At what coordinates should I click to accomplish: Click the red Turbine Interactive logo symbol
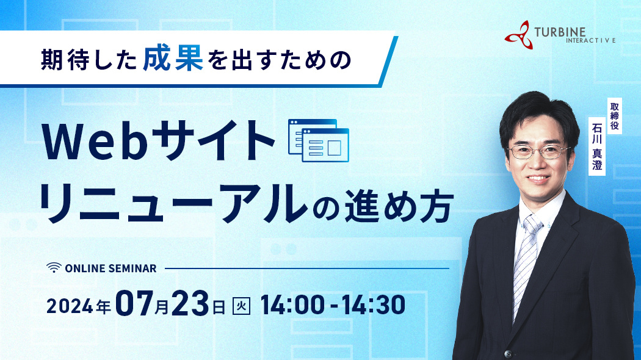coord(519,35)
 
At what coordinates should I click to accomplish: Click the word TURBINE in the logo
coord(560,32)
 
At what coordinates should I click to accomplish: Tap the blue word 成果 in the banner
coord(173,59)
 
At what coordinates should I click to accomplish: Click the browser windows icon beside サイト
coord(319,140)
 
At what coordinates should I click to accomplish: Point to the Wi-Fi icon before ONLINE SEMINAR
coord(54,268)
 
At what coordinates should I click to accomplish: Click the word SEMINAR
coord(133,268)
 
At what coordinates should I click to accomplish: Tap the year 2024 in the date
coord(70,306)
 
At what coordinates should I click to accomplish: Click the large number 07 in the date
coord(134,303)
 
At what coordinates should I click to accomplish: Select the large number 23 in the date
coord(190,303)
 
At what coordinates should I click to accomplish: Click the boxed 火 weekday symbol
coord(241,306)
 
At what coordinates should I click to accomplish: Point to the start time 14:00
coord(292,305)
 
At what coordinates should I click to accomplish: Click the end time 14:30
coord(373,305)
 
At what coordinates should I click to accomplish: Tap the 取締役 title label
coord(614,116)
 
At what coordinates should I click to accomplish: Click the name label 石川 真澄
coord(597,146)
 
